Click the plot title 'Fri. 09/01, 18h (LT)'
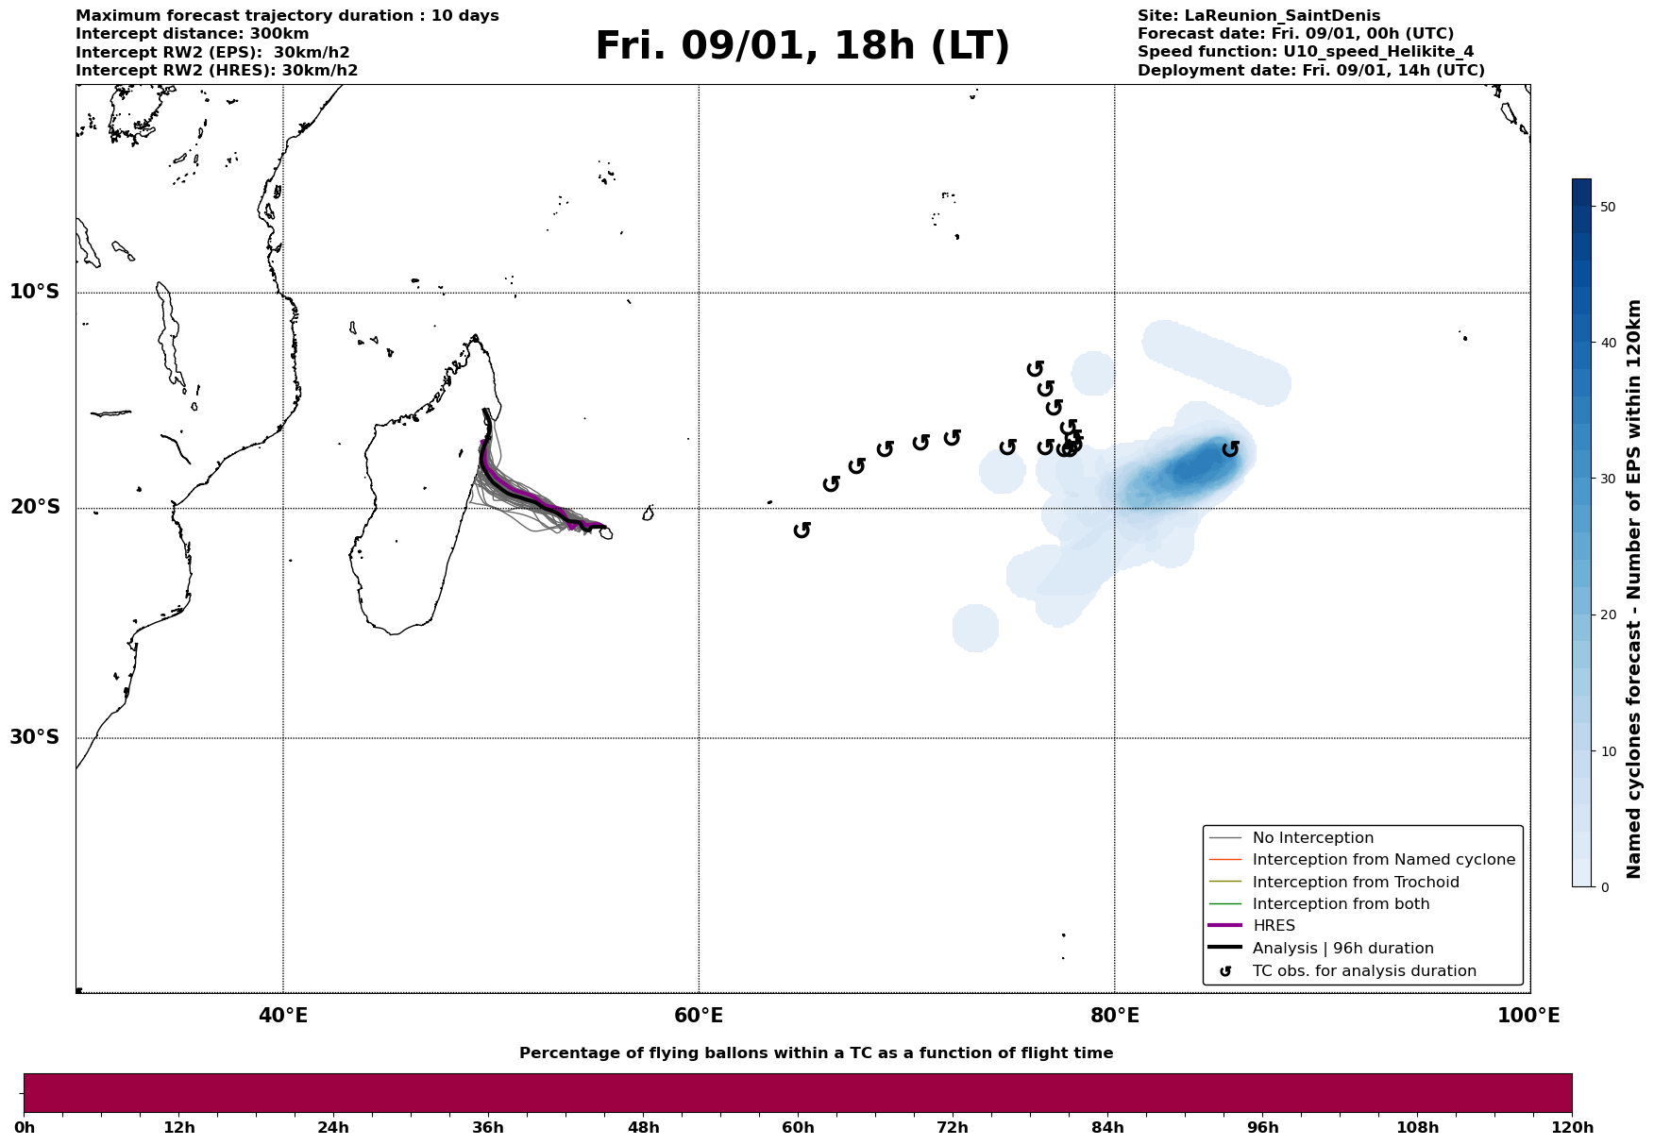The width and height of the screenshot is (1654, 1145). (802, 46)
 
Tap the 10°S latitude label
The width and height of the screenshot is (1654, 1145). (35, 292)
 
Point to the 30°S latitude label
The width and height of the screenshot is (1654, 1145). (35, 737)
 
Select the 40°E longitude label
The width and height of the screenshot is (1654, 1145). (283, 1016)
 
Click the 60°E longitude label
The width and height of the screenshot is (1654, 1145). (699, 1016)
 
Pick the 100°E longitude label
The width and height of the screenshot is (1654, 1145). (1528, 1016)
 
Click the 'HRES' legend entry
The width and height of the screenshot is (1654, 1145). (1274, 926)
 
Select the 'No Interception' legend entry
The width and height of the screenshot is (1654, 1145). (1312, 838)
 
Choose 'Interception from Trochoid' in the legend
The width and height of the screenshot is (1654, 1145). (1355, 883)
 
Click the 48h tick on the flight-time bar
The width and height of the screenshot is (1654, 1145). (643, 1127)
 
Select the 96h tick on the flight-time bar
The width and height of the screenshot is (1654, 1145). (1262, 1127)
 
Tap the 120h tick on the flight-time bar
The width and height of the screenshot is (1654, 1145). (1572, 1127)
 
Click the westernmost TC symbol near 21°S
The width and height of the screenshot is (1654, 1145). (802, 530)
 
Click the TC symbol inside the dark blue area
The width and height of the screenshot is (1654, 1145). (1230, 448)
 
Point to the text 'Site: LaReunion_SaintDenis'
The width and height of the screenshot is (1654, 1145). (1258, 16)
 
